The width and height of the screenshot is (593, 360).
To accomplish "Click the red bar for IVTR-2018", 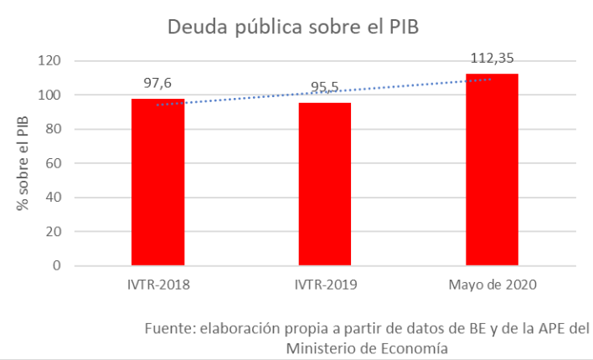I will pyautogui.click(x=158, y=182).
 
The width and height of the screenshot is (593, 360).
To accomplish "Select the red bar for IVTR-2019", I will pyautogui.click(x=325, y=183).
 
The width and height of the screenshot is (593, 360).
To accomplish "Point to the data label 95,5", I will pyautogui.click(x=325, y=86).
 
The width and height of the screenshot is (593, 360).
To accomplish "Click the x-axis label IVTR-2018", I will pyautogui.click(x=158, y=285).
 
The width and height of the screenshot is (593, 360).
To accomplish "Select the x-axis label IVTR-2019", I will pyautogui.click(x=325, y=285).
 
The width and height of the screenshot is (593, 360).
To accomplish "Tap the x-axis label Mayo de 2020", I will pyautogui.click(x=492, y=285).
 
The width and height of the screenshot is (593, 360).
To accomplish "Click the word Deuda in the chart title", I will pyautogui.click(x=195, y=27).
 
